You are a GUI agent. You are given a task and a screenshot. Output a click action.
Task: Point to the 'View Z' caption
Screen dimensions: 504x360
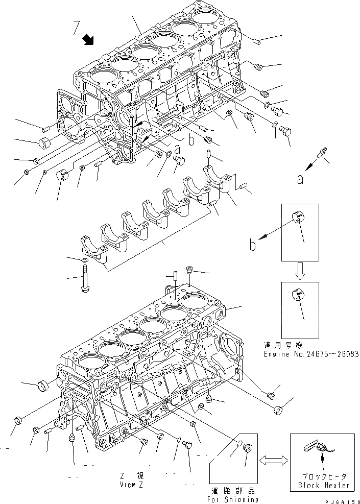(131, 484)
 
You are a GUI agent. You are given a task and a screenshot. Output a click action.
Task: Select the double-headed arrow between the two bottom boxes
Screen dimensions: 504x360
(273, 461)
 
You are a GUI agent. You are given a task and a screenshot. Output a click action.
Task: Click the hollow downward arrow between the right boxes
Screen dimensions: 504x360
(300, 272)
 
